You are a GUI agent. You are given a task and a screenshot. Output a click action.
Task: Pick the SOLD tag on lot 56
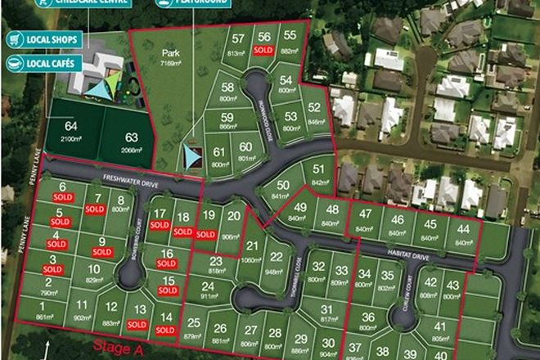[263, 51]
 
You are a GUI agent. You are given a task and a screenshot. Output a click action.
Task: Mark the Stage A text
[112, 349]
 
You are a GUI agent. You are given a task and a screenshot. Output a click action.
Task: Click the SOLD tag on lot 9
[101, 252]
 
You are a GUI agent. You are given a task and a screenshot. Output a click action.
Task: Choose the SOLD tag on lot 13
[141, 322]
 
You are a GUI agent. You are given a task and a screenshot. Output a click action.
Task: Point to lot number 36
[368, 317]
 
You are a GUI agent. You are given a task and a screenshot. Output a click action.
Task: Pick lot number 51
[319, 169]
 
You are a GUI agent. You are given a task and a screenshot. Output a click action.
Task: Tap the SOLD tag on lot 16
[166, 264]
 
